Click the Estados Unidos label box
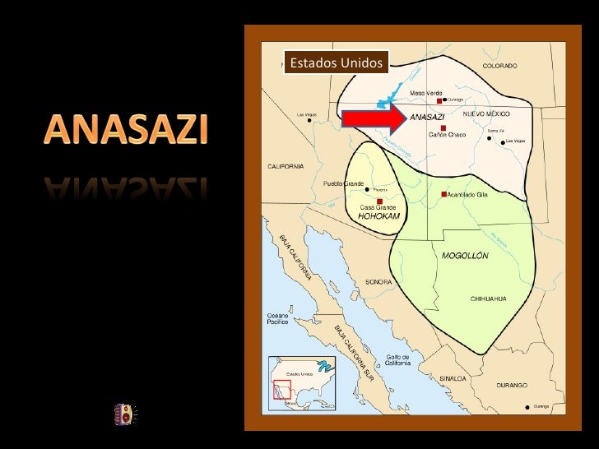336,62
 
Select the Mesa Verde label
427,93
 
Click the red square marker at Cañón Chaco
443,128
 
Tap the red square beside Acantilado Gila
443,194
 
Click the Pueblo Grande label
341,183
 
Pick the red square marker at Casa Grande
379,201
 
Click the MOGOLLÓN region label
465,256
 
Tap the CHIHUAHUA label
488,298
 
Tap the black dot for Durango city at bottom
527,407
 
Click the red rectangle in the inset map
283,389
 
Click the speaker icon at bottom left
124,414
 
